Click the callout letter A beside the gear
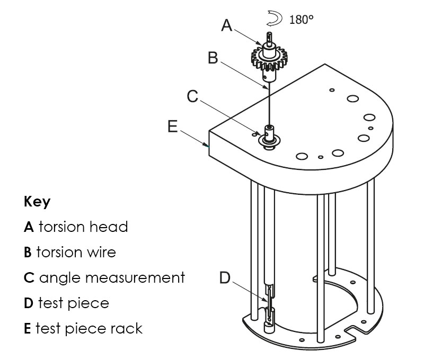point(227,25)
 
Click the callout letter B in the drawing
point(213,58)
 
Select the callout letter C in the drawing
point(193,96)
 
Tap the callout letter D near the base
point(225,277)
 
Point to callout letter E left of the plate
point(172,128)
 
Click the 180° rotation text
point(302,20)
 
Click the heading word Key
point(37,202)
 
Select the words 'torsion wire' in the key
point(76,252)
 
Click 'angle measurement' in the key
point(112,277)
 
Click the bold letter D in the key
point(29,303)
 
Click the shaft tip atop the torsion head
point(270,38)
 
